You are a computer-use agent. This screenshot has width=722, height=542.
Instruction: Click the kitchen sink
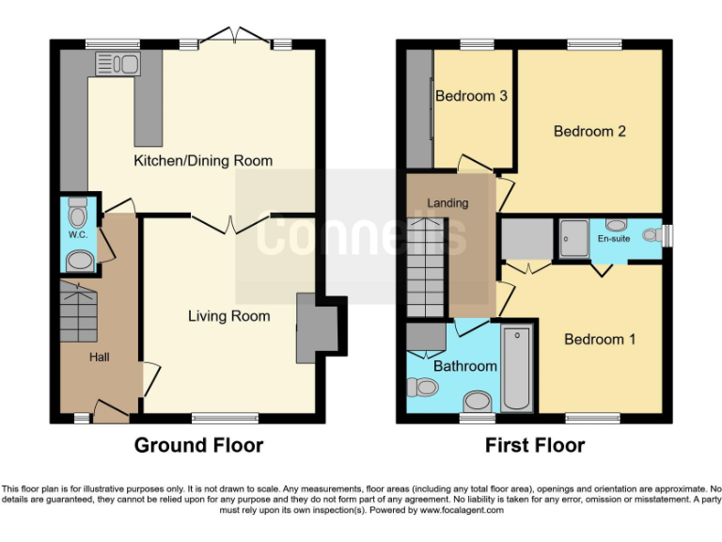click(x=118, y=64)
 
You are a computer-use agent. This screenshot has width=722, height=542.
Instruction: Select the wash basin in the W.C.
click(x=81, y=261)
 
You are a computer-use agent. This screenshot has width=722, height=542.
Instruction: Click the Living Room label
click(x=228, y=316)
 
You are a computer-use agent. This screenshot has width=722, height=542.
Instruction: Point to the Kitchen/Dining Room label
click(x=203, y=161)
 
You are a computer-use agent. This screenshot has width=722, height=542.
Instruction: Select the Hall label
click(x=100, y=358)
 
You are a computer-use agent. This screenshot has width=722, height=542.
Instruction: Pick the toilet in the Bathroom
click(x=425, y=387)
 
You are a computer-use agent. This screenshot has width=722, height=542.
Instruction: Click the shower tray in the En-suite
click(x=573, y=238)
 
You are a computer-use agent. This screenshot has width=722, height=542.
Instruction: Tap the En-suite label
click(x=614, y=239)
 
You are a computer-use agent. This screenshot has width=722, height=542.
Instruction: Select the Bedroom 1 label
click(x=600, y=339)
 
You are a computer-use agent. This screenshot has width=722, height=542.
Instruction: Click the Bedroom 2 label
click(x=589, y=132)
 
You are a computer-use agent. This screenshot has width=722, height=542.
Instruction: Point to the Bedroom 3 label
click(x=472, y=96)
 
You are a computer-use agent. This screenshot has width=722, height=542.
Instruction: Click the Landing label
click(x=447, y=203)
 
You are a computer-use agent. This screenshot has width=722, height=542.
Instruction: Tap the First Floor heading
click(x=535, y=445)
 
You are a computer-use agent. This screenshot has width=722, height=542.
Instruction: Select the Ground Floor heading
click(x=198, y=445)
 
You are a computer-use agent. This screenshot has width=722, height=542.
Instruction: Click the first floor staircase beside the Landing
click(x=425, y=268)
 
